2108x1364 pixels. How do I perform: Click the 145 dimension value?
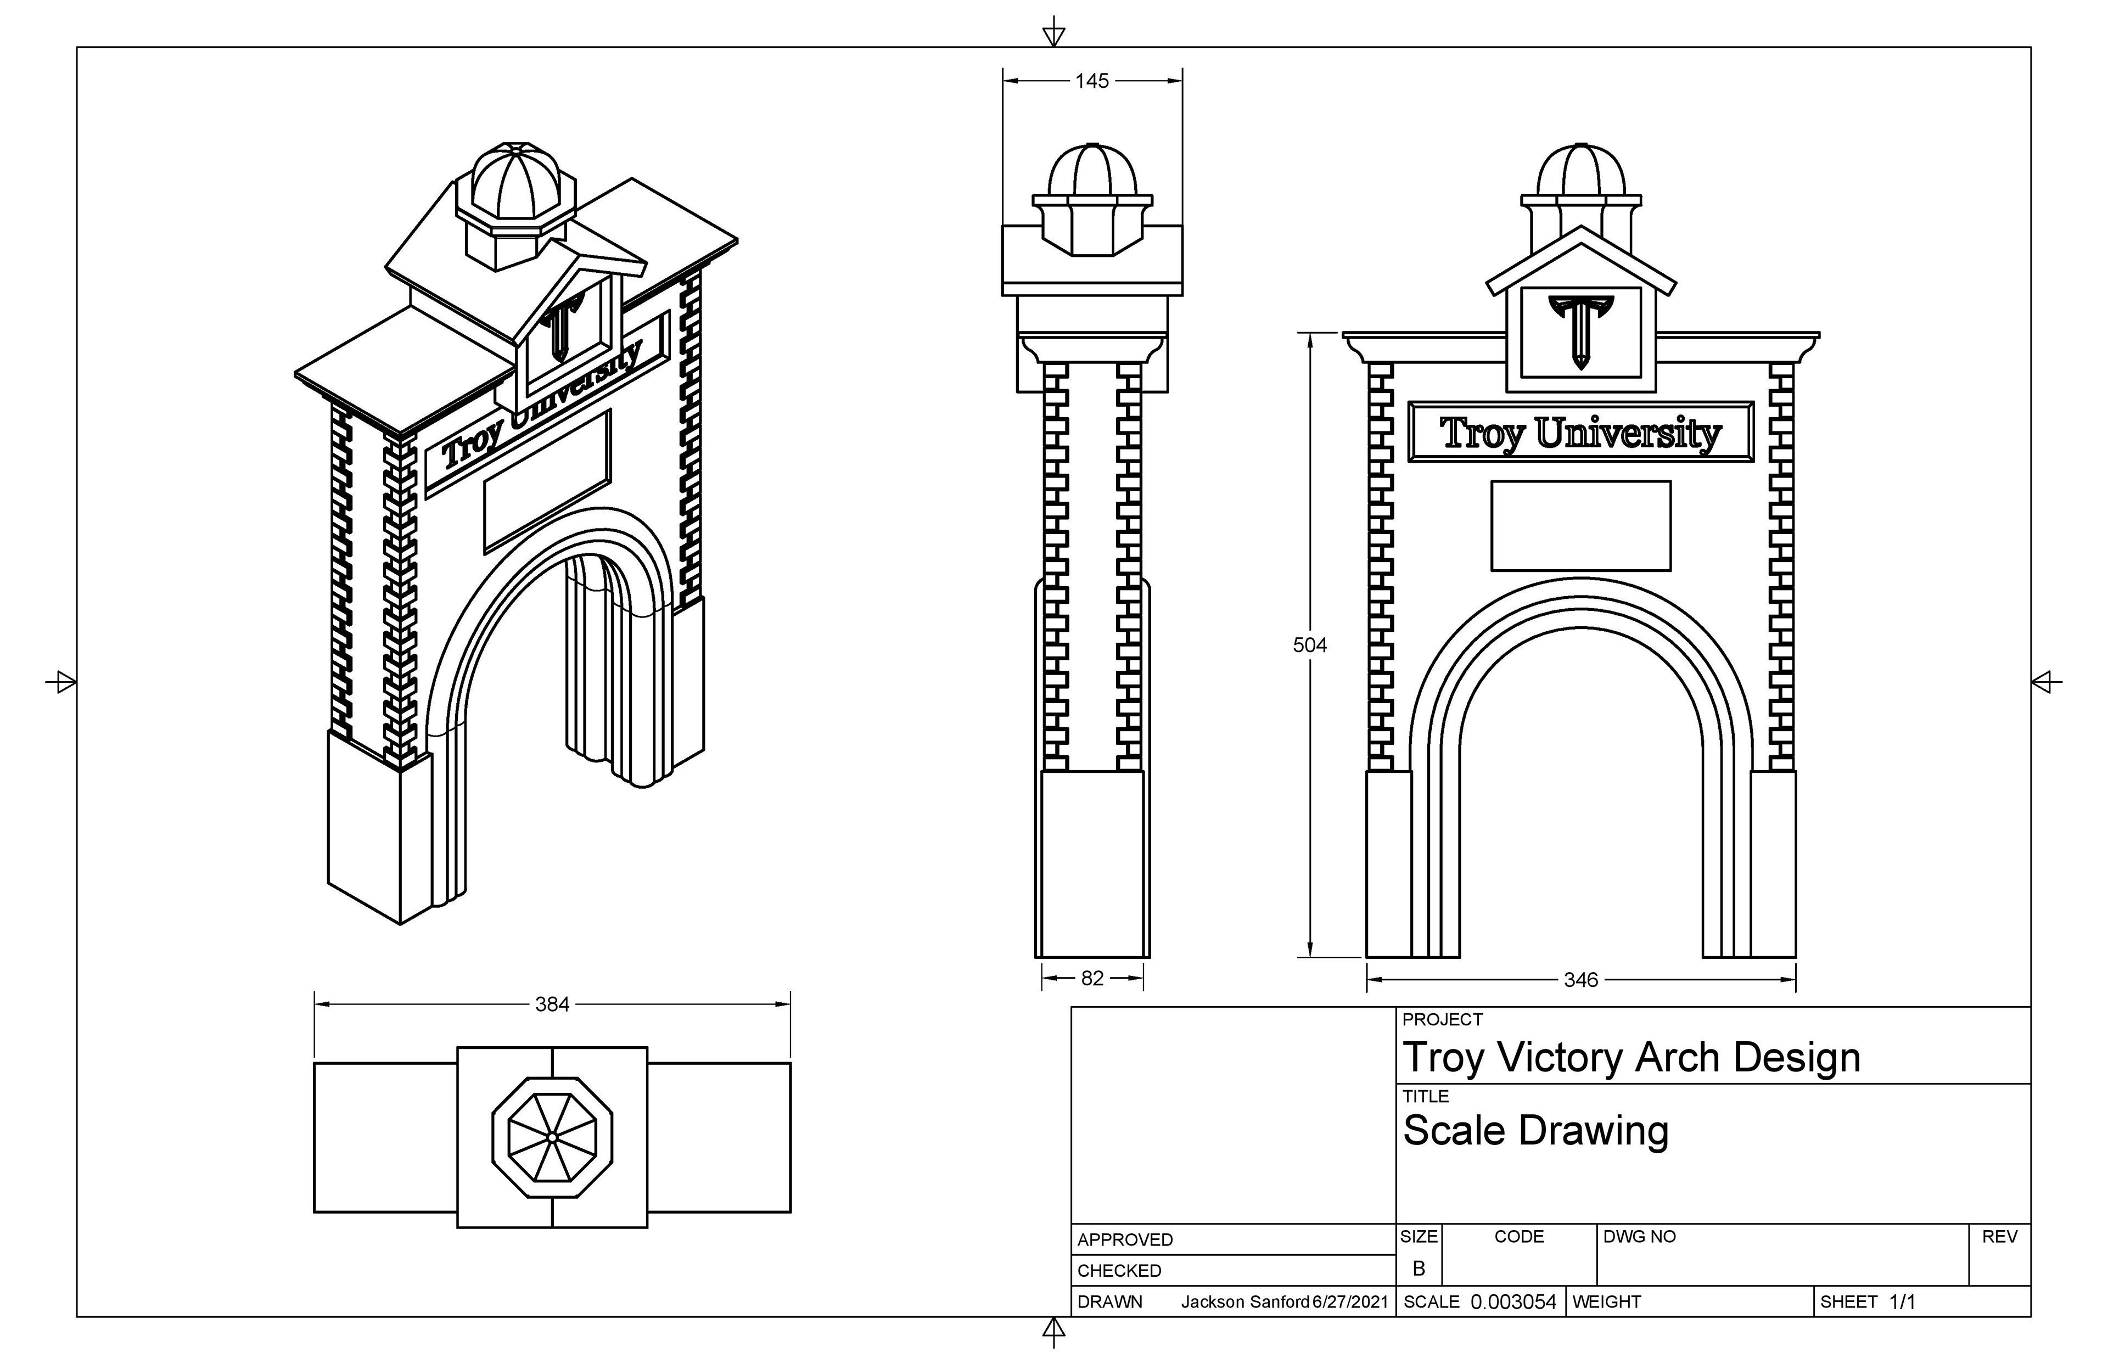pyautogui.click(x=1091, y=81)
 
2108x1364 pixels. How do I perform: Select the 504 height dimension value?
pyautogui.click(x=1309, y=645)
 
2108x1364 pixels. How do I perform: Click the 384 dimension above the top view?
pyautogui.click(x=552, y=1004)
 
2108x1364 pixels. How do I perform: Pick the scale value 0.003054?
pyautogui.click(x=1513, y=1302)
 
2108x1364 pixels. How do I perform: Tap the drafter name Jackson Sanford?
pyautogui.click(x=1244, y=1302)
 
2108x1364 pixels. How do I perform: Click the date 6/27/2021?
pyautogui.click(x=1351, y=1302)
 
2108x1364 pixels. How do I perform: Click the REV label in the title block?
pyautogui.click(x=1999, y=1237)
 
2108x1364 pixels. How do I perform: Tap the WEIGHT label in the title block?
pyautogui.click(x=1607, y=1302)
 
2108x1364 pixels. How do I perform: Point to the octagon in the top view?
pyautogui.click(x=552, y=1137)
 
